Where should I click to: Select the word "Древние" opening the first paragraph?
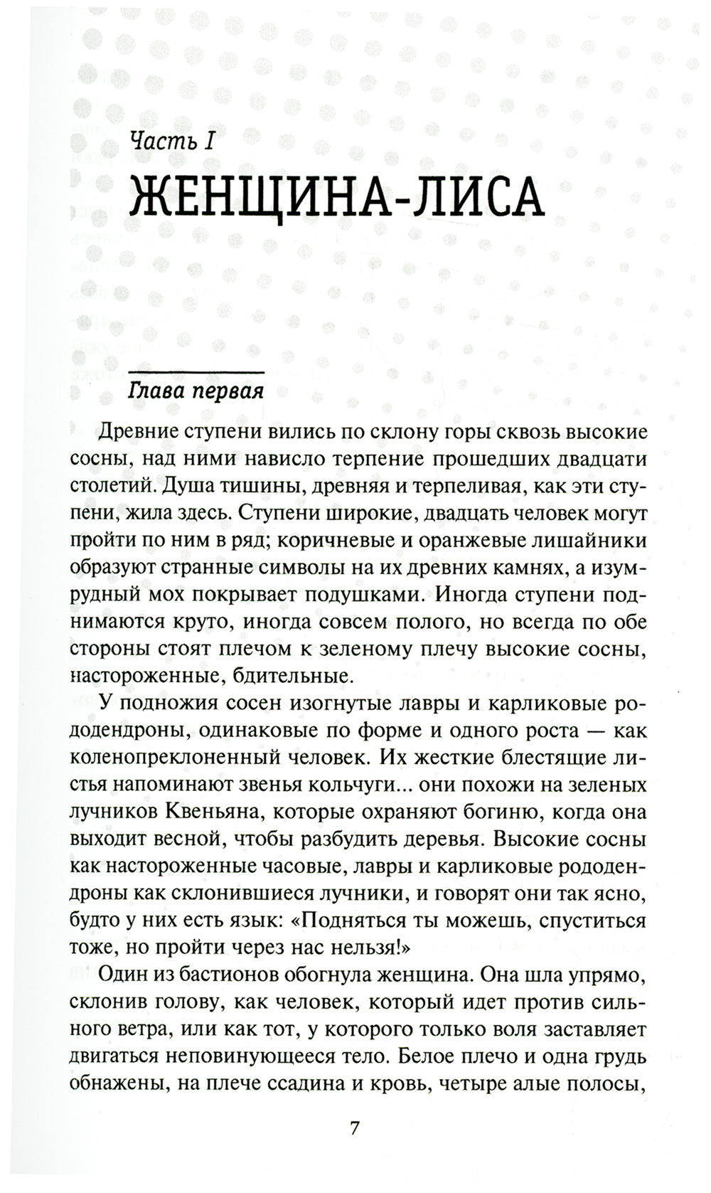coord(139,432)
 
